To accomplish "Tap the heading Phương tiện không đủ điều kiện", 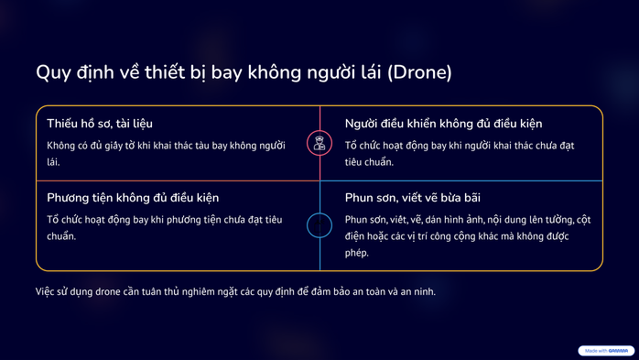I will pos(133,197).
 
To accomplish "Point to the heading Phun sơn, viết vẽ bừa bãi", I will pos(413,197).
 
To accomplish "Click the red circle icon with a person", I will pos(319,142).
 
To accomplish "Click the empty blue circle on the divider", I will pos(319,225).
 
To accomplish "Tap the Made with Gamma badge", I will pos(606,351).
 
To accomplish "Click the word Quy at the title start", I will pos(51,72).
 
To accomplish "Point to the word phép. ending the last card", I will pos(356,253).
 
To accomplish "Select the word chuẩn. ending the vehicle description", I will pos(61,235).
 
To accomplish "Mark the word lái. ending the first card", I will pos(53,162).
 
